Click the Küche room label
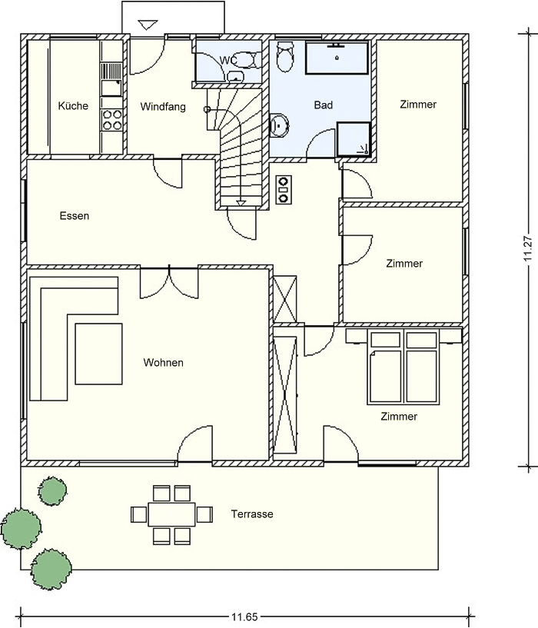73,106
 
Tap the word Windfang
163,107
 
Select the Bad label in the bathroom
324,105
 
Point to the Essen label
75,216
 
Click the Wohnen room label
164,363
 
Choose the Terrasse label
252,514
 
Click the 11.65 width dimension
244,616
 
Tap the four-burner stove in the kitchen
111,120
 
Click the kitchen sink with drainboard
111,79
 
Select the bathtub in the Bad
337,58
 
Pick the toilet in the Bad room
285,55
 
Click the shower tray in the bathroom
354,139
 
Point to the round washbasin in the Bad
279,125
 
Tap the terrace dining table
171,514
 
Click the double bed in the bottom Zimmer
403,366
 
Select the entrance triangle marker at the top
146,25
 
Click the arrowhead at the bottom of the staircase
241,203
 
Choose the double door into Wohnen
169,282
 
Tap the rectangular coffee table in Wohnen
98,354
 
